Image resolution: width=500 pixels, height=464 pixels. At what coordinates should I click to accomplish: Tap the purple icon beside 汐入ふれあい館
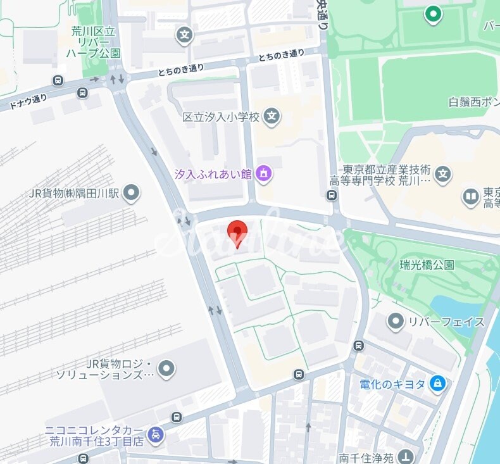click(265, 173)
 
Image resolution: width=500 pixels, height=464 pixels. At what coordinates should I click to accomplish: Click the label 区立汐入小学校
click(221, 117)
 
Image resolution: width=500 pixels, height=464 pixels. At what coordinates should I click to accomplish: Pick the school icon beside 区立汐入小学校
click(272, 116)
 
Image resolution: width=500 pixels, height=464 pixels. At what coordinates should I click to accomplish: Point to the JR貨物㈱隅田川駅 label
click(75, 192)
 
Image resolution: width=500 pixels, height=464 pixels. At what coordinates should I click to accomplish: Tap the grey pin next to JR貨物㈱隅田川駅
click(131, 192)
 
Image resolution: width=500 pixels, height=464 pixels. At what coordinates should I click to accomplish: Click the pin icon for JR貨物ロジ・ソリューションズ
click(166, 368)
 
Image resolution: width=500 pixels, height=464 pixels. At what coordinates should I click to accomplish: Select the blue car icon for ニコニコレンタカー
click(155, 435)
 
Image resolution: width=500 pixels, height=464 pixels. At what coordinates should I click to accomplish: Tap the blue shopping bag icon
click(437, 383)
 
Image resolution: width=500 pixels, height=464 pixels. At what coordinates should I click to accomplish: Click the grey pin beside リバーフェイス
click(396, 322)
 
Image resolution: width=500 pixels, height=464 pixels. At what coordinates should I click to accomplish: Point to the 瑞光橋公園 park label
click(427, 265)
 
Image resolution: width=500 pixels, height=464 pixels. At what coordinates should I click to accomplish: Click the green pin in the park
click(433, 14)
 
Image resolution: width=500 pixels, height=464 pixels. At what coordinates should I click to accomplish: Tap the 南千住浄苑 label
click(365, 458)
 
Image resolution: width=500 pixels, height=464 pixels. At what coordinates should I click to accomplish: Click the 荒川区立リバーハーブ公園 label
click(93, 41)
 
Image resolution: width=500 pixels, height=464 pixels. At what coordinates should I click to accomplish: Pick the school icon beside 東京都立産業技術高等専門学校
click(444, 173)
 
